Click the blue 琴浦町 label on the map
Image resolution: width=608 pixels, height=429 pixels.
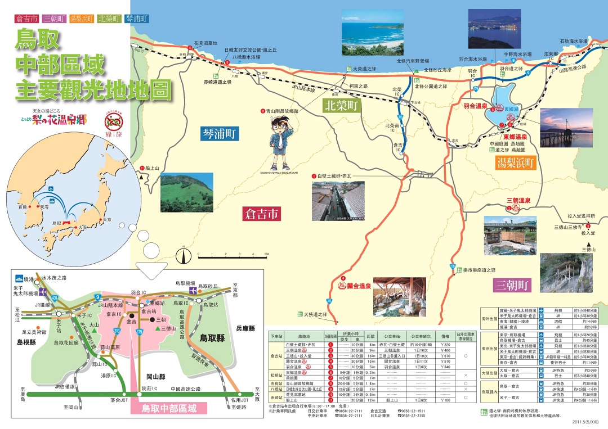point(221,133)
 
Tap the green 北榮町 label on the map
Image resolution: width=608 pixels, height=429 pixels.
point(341,105)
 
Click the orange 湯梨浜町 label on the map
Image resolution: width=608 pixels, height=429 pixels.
point(516,163)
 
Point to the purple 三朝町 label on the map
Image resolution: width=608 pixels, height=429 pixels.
point(512,285)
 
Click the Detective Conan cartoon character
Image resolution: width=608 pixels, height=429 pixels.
point(280,144)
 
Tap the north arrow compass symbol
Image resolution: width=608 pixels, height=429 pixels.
point(183,257)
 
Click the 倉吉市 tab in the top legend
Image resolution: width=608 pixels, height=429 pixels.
point(26,19)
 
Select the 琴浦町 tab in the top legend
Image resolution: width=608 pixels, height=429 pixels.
point(137,19)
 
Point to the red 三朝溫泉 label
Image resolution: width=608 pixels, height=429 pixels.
point(518,200)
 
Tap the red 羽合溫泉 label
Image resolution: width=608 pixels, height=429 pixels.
point(475,106)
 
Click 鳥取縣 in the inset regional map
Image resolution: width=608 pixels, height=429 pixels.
point(212,338)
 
